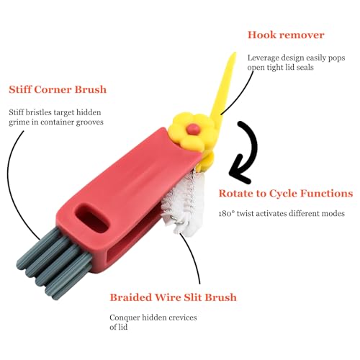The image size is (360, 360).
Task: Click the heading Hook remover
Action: coord(286,35)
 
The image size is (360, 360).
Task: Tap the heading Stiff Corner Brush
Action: coord(58,89)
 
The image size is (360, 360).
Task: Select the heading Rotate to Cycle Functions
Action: coord(286,194)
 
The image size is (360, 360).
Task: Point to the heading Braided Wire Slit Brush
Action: coord(173,297)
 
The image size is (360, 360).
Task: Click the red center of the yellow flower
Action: coord(194,129)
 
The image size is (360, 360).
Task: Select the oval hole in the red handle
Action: coord(91,218)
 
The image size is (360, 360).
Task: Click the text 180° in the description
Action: coord(226,213)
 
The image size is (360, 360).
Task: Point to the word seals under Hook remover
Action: coord(305,68)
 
